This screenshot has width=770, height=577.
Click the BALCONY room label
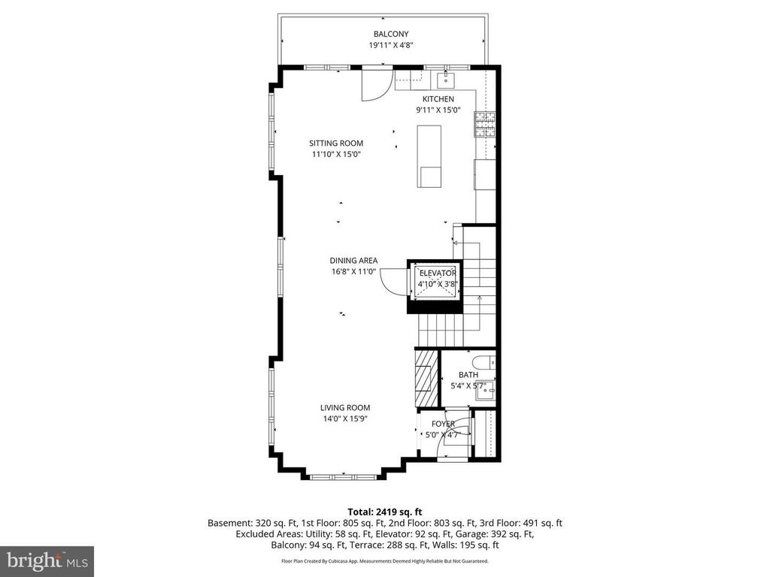[x=391, y=34]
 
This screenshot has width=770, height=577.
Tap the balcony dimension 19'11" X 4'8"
[x=391, y=45]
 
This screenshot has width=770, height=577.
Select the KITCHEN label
[x=438, y=99]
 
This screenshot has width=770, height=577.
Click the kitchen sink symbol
[x=445, y=80]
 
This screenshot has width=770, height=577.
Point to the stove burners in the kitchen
[x=485, y=124]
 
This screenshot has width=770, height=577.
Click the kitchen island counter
[x=429, y=156]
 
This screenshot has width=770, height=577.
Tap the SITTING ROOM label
[x=336, y=143]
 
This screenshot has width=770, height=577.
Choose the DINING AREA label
[x=353, y=261]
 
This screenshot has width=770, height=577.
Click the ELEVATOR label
[x=438, y=273]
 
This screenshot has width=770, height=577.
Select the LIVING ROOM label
[x=345, y=408]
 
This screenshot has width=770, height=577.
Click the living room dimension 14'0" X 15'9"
[x=345, y=419]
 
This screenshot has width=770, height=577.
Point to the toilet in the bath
[x=484, y=363]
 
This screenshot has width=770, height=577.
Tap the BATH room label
[x=468, y=375]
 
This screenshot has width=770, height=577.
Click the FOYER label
[x=443, y=424]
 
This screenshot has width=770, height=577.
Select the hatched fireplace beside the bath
[x=426, y=378]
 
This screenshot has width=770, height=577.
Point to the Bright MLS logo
[x=47, y=560]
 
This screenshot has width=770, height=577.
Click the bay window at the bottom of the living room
[x=344, y=476]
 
